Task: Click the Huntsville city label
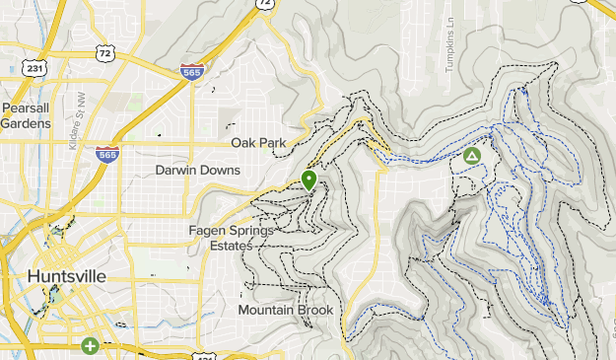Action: tap(67, 276)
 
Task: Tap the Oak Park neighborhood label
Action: tap(258, 143)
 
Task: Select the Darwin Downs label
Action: tap(198, 171)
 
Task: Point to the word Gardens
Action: tap(26, 123)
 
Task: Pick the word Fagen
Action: tap(208, 231)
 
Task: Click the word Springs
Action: tap(252, 231)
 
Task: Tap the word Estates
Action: tap(225, 246)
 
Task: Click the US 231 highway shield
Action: tap(36, 69)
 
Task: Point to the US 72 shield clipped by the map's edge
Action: tap(264, 3)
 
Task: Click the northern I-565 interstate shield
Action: tap(192, 71)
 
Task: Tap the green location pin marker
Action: tap(308, 180)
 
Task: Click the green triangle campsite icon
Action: tap(472, 156)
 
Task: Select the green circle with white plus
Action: tap(90, 346)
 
